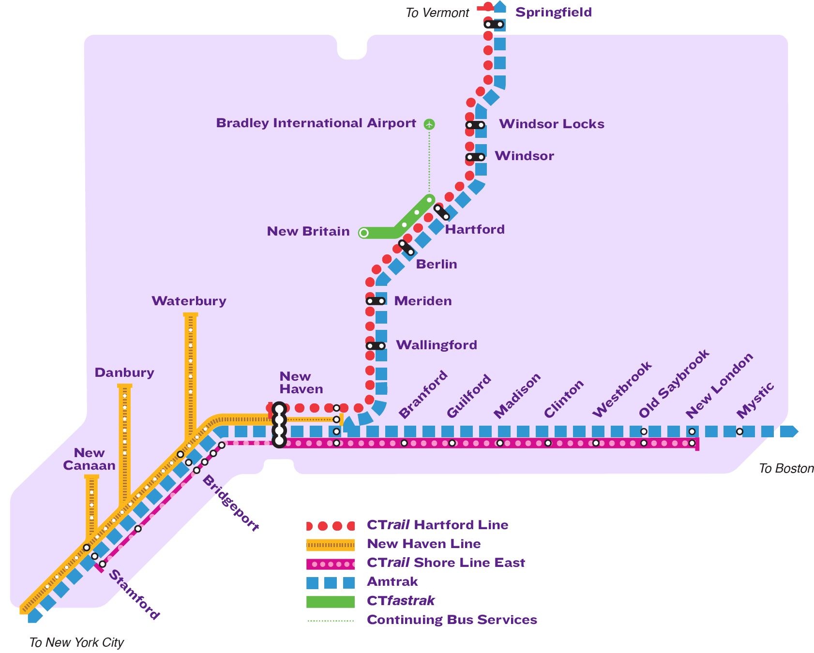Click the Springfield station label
click(553, 12)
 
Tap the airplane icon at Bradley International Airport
click(429, 124)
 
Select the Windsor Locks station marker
click(475, 125)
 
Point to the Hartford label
click(475, 229)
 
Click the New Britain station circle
click(364, 233)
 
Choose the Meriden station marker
click(376, 301)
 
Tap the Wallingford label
click(437, 345)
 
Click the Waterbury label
click(189, 301)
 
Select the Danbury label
click(124, 372)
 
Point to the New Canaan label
click(89, 459)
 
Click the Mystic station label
click(755, 401)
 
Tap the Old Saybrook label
click(674, 384)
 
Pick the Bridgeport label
click(230, 503)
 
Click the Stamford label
click(134, 594)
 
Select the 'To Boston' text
click(786, 468)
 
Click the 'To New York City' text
click(76, 642)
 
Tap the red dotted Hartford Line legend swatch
click(331, 526)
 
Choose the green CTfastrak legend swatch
click(331, 601)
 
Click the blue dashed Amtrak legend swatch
click(331, 582)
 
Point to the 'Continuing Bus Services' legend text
click(452, 620)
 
